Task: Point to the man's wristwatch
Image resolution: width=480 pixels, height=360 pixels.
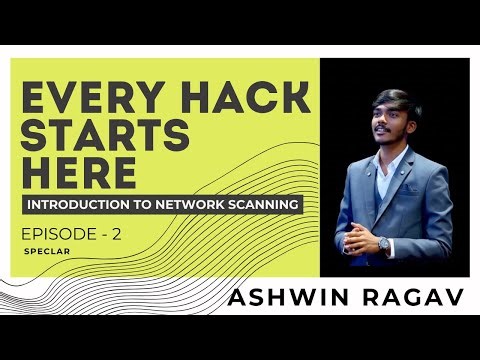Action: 384,243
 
